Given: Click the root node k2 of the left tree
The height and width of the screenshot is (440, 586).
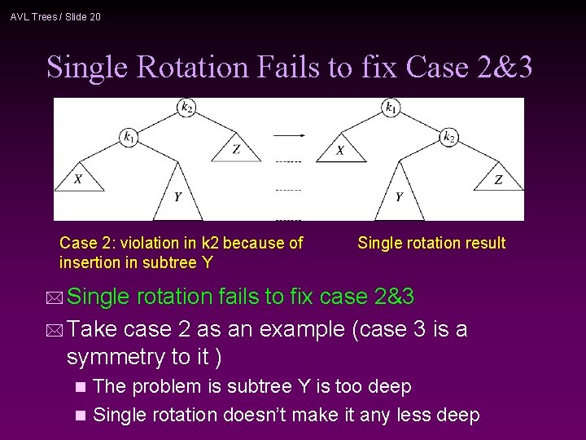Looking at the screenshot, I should pos(186,108).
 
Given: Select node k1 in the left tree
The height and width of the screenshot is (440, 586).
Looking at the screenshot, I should pos(129,137).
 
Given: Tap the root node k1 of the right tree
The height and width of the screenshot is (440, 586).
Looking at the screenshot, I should pos(391,108).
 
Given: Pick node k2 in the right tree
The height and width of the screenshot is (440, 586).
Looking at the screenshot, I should pos(448,137).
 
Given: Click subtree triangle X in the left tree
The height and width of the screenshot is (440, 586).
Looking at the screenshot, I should pos(78,178).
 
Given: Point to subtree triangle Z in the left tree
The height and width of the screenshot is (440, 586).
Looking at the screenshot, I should pos(236,149).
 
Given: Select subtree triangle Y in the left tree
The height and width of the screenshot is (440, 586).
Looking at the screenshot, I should pos(177,196).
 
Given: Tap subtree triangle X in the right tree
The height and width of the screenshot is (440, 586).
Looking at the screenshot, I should pos(340,150).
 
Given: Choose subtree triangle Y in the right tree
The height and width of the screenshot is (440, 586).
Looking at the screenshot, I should pos(399,196).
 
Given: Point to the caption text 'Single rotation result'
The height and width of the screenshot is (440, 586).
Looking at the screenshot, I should pos(431,243).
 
